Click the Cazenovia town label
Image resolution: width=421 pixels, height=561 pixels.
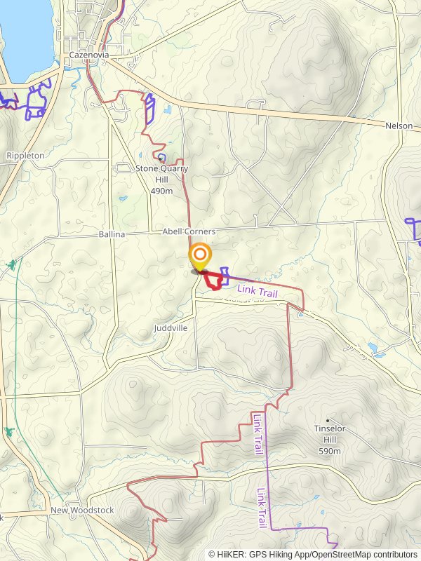click(x=87, y=55)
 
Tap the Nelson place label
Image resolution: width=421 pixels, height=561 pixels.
click(x=399, y=126)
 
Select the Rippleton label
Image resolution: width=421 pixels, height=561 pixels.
click(x=25, y=155)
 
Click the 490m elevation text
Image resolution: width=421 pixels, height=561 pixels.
click(x=161, y=190)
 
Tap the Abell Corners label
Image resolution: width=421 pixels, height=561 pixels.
click(x=189, y=231)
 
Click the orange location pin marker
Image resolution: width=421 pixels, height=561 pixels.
click(x=200, y=256)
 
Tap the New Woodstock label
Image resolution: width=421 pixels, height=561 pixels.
click(x=82, y=511)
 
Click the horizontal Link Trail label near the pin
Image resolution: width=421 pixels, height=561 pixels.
click(x=258, y=290)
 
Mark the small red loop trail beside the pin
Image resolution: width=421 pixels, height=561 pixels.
click(x=214, y=280)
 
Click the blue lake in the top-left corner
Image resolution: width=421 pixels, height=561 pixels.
click(x=25, y=32)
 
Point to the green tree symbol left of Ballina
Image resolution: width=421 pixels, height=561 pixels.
click(x=11, y=265)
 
